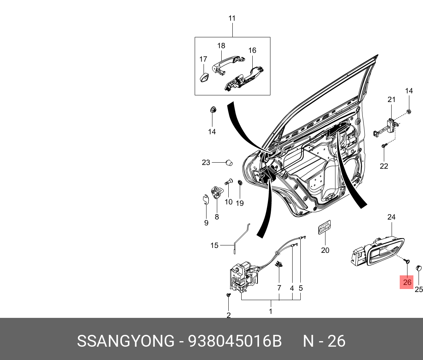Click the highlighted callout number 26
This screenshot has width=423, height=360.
click(407, 282)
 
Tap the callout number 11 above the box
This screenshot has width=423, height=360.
click(232, 18)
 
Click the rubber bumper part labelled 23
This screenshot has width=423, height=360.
click(229, 163)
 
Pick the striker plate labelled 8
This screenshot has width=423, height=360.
click(216, 193)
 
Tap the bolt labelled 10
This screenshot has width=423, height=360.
click(228, 183)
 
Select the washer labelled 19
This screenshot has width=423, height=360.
click(239, 183)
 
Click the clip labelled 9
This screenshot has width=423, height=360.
click(206, 200)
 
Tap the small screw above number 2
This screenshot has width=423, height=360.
click(228, 296)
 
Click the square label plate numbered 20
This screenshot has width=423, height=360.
click(324, 228)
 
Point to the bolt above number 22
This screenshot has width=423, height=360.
click(384, 146)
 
